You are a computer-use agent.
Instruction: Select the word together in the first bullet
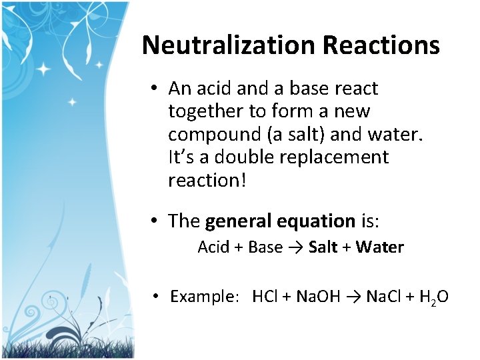(204, 111)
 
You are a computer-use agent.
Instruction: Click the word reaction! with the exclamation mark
(207, 181)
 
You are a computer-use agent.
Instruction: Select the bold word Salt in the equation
(323, 247)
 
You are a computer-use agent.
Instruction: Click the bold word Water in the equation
(380, 247)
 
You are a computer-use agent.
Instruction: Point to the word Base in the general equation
(265, 247)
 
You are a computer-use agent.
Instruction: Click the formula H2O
(433, 297)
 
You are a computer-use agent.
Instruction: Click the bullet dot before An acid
(153, 89)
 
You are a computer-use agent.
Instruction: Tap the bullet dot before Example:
(154, 296)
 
